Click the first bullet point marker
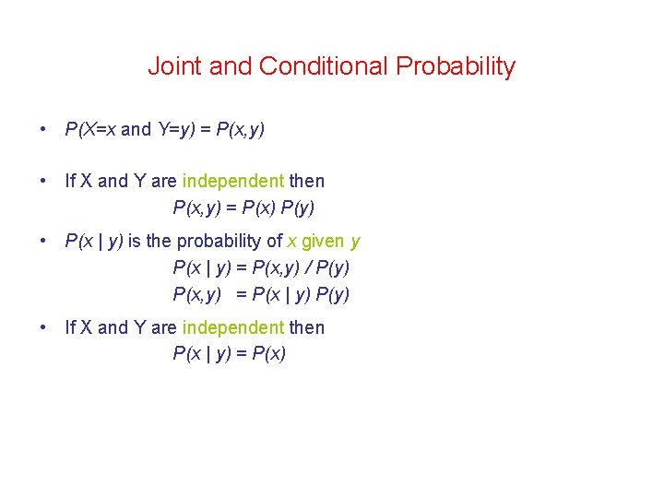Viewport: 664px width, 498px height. [x=43, y=129]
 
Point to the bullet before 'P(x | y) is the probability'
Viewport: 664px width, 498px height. [x=43, y=242]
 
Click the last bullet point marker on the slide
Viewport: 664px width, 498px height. [x=43, y=327]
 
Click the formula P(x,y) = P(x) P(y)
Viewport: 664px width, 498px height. [x=250, y=207]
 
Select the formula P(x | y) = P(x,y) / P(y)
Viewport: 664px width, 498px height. [x=261, y=268]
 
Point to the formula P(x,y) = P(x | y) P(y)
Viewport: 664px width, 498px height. [x=261, y=295]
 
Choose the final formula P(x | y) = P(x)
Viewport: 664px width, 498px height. [x=230, y=354]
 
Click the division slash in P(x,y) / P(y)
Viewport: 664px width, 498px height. [x=309, y=268]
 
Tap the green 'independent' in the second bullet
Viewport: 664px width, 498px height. [x=233, y=181]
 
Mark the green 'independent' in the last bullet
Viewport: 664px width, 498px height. [x=233, y=327]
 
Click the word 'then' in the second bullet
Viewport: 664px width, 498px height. [x=307, y=181]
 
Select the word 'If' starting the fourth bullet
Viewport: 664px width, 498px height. [x=70, y=327]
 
